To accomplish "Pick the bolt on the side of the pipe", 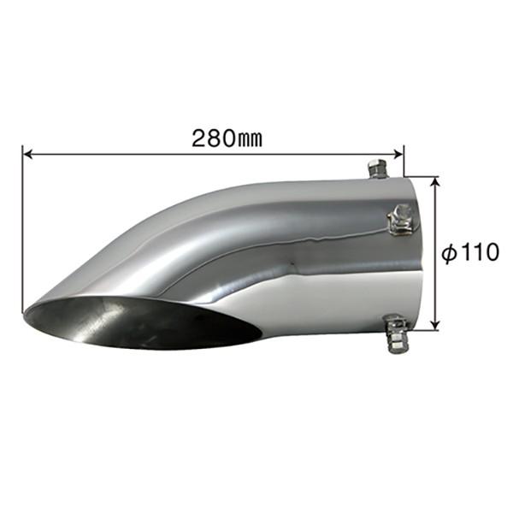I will (x=398, y=221).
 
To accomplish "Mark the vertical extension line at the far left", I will (x=21, y=231).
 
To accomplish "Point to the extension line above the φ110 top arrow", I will (x=427, y=177).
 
